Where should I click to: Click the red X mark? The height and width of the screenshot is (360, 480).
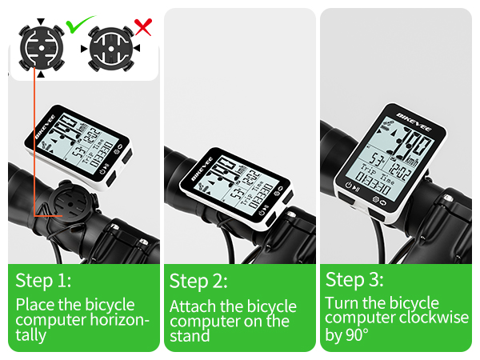pos(143,28)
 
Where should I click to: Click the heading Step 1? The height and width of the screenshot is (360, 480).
pos(43,281)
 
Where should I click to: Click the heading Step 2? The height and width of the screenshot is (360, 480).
pos(198,281)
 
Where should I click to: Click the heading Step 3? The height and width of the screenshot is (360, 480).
pos(354,280)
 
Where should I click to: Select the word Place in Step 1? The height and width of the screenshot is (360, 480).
pos(35,305)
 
